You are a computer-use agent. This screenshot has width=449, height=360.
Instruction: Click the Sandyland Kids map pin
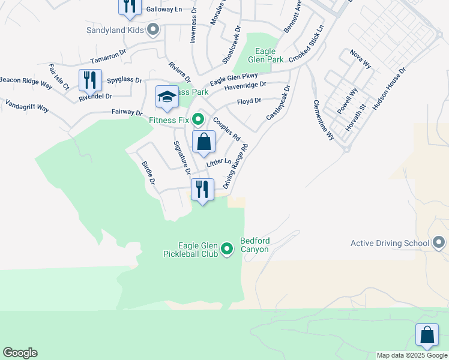pos(153,29)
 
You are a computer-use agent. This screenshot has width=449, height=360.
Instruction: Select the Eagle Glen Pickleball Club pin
pos(227,248)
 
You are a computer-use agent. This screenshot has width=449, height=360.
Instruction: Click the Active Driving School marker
pos(439,243)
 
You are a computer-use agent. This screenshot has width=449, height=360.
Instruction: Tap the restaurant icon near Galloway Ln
pos(130,6)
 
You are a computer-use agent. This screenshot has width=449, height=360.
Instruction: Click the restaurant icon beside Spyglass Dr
pos(90,80)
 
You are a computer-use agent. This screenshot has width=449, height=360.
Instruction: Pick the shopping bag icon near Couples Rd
pos(204,142)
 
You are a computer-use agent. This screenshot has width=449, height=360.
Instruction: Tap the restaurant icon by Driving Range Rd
pos(202,190)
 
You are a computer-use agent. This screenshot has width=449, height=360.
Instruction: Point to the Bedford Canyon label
pos(255,245)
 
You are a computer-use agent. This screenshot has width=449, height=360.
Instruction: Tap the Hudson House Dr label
pos(390,88)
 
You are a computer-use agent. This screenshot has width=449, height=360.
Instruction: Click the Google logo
pos(20,353)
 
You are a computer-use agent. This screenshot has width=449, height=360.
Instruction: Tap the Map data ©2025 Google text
pos(412,355)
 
